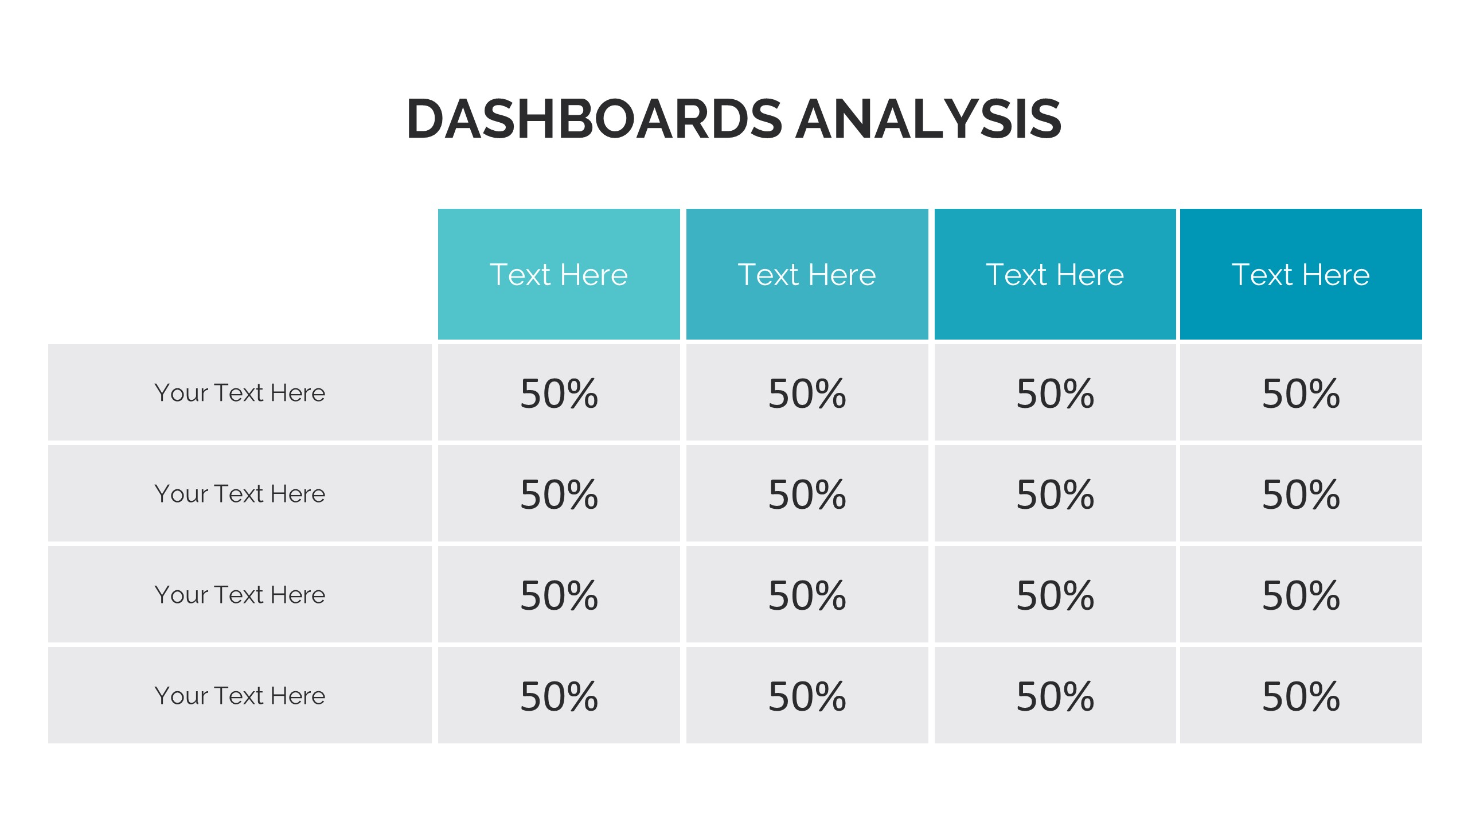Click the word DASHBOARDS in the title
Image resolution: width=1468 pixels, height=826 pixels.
point(594,119)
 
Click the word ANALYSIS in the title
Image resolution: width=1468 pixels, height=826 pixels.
point(928,119)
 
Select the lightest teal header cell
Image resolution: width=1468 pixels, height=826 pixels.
point(559,274)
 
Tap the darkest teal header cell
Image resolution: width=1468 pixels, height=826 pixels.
point(1301,274)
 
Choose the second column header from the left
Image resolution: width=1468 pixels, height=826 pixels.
point(807,274)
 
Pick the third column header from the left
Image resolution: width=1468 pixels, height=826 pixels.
point(1055,274)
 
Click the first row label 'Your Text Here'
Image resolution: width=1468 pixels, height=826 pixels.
point(240,393)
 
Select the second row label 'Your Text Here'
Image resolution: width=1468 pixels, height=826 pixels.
point(240,494)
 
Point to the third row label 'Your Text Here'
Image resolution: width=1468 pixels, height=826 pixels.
point(240,595)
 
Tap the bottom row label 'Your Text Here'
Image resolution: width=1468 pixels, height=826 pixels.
point(240,696)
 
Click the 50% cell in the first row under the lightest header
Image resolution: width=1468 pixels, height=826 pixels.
point(559,393)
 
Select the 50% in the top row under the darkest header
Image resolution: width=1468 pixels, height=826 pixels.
point(1301,393)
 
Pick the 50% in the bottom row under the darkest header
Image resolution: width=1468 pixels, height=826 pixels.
point(1301,696)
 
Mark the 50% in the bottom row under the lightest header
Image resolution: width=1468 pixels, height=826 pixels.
point(559,696)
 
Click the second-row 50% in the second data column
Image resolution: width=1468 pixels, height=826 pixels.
point(807,494)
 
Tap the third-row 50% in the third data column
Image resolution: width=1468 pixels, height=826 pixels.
point(1055,595)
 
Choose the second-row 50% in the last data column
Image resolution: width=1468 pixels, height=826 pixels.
point(1301,494)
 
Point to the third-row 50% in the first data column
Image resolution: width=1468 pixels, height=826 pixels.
point(559,595)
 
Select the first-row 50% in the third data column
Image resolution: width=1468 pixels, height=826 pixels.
point(1055,393)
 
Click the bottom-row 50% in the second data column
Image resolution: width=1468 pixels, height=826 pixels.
point(807,696)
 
